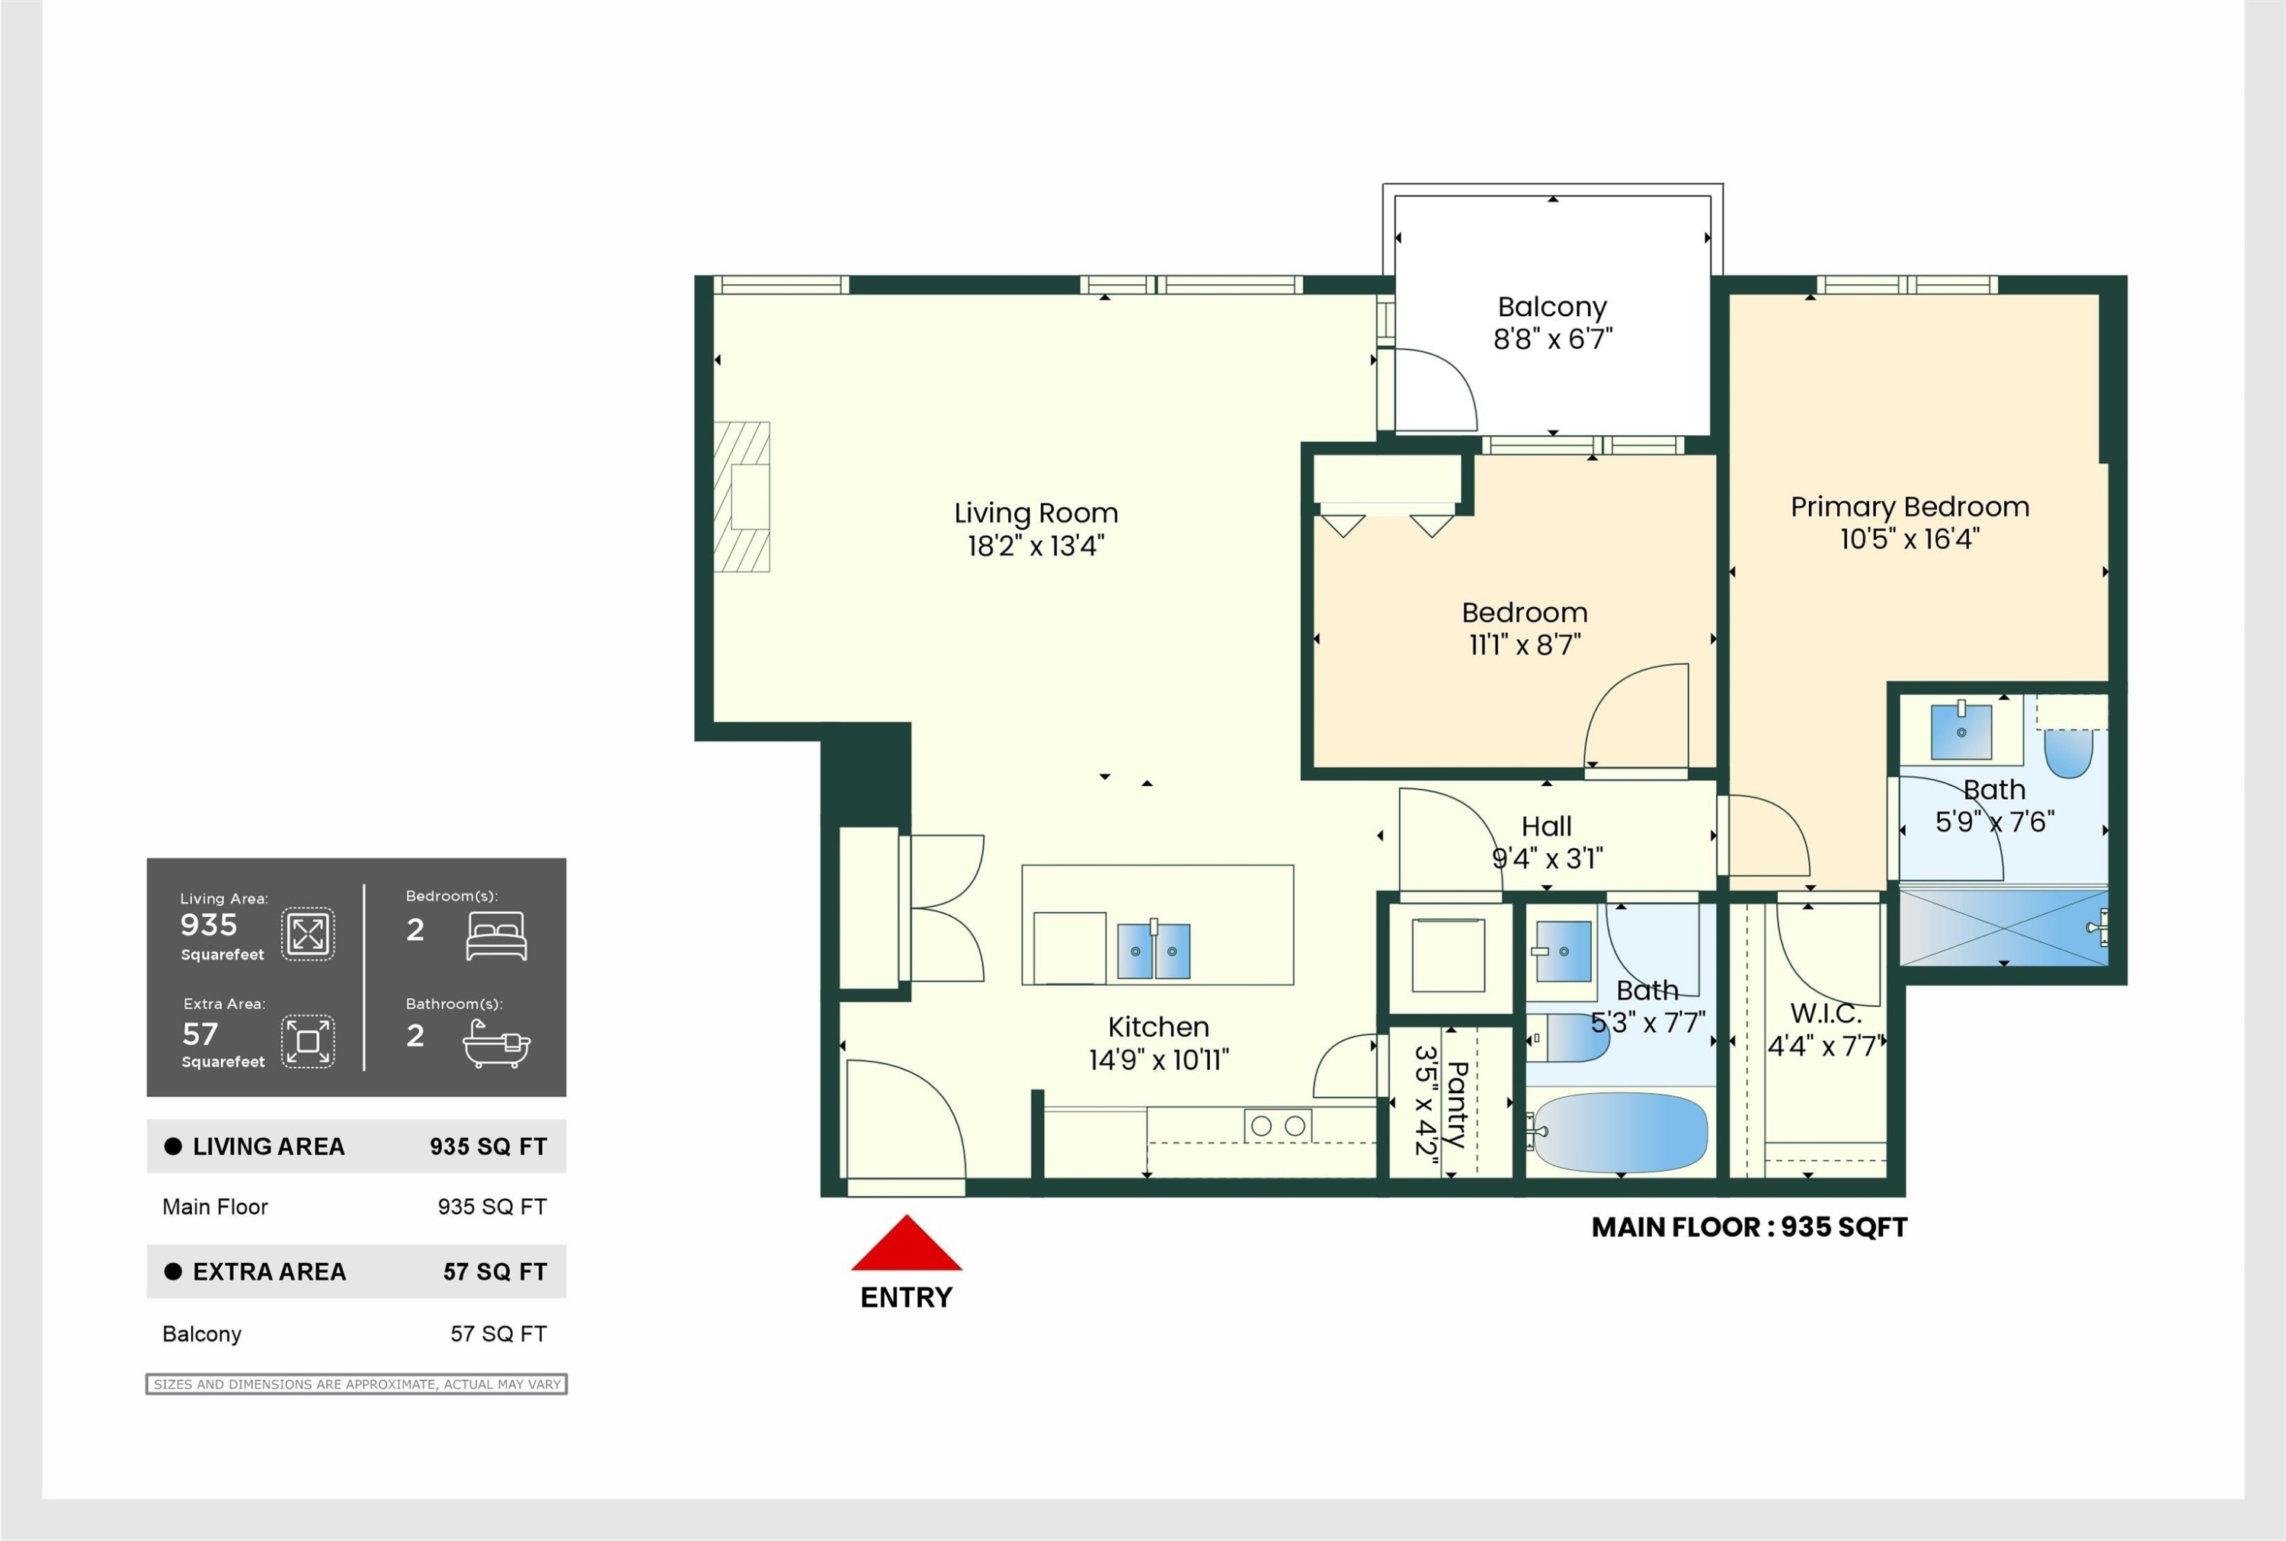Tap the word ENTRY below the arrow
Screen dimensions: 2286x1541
906,1298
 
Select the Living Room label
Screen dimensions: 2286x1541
1036,513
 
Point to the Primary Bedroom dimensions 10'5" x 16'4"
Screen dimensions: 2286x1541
1910,539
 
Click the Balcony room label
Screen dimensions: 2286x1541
1552,308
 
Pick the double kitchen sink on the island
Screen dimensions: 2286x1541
1154,951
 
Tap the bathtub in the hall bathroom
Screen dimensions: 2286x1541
1621,1133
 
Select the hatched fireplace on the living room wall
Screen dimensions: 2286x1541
742,497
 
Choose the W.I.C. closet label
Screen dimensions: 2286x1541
1825,1013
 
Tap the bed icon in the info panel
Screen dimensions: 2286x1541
496,935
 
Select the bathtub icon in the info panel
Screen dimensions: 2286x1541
496,1044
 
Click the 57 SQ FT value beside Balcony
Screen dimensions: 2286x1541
498,1334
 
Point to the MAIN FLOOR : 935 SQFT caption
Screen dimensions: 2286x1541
1750,1227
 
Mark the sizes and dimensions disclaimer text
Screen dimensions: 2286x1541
357,1385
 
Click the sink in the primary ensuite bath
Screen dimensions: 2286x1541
1961,731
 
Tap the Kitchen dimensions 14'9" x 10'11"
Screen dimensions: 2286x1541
1159,1060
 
